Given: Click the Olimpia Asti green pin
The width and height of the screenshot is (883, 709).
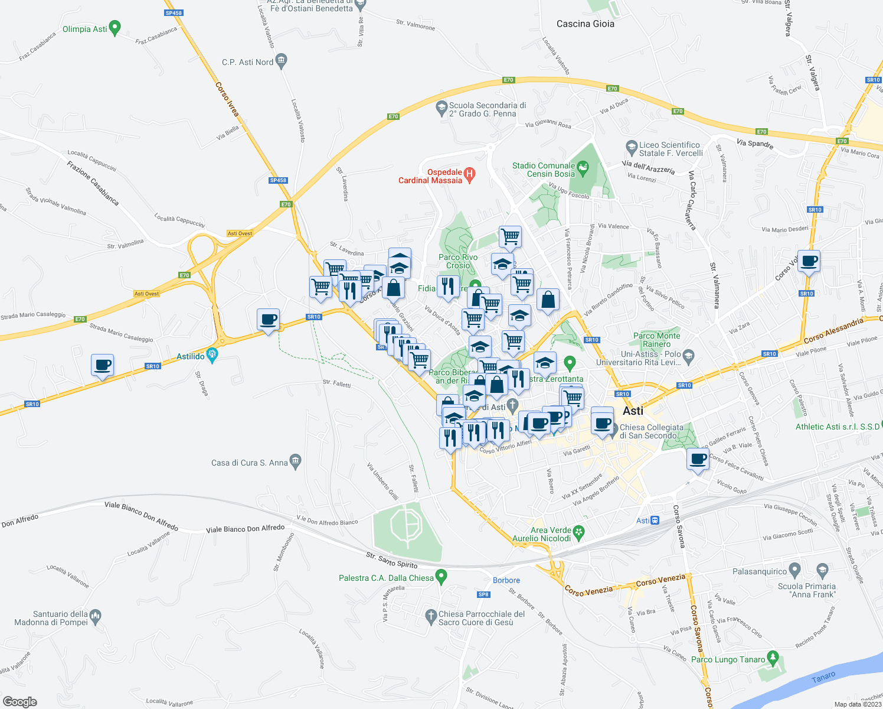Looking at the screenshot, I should (x=115, y=28).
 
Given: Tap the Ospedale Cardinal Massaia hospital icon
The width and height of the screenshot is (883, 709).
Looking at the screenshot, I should (x=470, y=174).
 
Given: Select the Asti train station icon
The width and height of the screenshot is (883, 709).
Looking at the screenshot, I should (x=655, y=521).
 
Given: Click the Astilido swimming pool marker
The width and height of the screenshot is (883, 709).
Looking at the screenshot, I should (x=212, y=356).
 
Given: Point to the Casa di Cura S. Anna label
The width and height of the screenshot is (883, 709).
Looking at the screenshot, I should (x=250, y=463).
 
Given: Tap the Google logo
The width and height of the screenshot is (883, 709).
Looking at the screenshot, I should (x=20, y=702).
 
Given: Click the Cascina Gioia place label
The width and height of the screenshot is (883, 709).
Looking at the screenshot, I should (x=585, y=24).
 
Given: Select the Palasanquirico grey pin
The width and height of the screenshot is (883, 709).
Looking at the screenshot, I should (x=794, y=571).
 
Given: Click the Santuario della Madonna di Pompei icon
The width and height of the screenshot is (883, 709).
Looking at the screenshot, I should (x=96, y=617).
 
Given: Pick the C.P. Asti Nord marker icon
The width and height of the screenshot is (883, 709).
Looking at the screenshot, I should (x=282, y=60).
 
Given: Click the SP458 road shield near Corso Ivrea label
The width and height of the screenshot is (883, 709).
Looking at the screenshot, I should (x=174, y=12).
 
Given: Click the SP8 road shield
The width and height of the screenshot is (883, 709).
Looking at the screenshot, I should (x=484, y=594).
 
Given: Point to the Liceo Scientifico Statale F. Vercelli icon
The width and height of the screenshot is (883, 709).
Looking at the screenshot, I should (x=632, y=146).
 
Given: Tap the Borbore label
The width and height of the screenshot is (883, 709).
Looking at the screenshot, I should (x=506, y=580).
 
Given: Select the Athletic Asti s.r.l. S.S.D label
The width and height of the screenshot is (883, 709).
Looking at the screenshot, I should (x=837, y=427).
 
